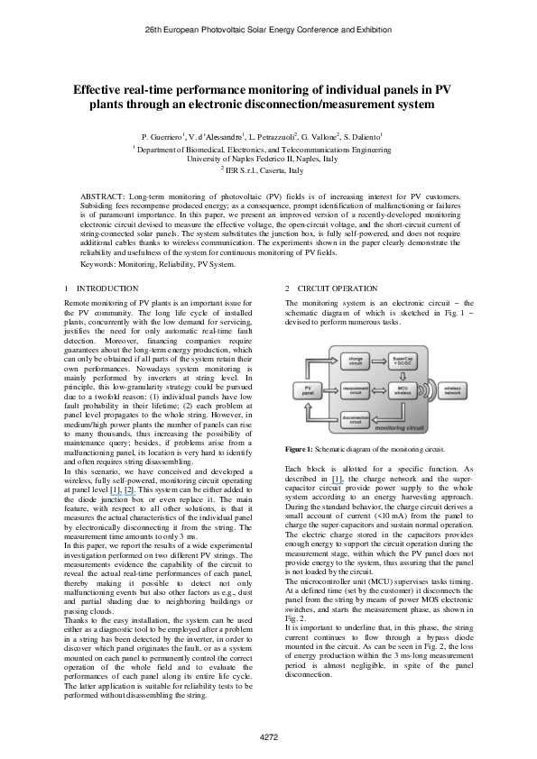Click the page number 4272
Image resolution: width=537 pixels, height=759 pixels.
click(268, 737)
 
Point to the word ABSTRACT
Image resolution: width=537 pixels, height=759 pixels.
click(101, 195)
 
